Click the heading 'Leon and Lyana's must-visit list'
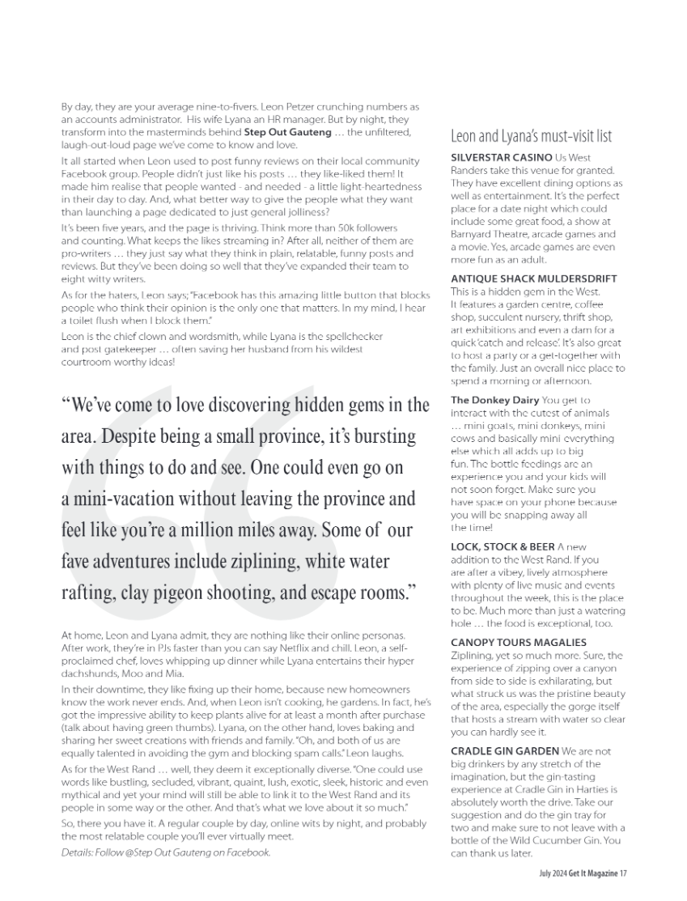pos(531,135)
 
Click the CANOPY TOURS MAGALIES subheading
pos(518,642)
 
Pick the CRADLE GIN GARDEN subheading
pos(503,750)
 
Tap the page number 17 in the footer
pos(624,873)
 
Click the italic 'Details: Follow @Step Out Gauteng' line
pos(166,852)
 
